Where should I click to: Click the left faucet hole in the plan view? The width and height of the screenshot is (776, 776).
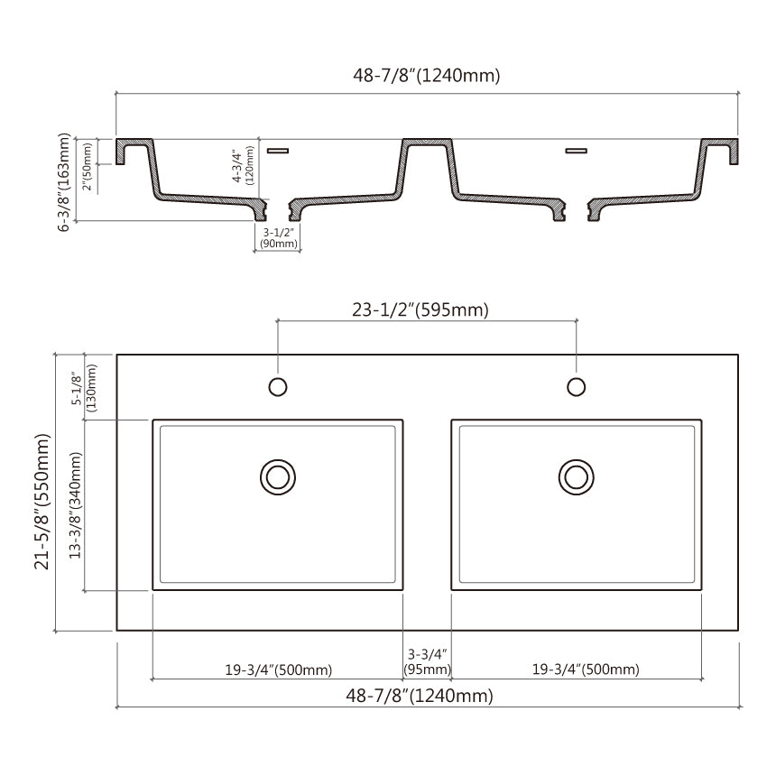pyautogui.click(x=278, y=386)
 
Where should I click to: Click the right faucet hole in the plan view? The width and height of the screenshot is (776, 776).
pyautogui.click(x=576, y=386)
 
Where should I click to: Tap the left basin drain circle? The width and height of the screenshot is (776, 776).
pyautogui.click(x=278, y=477)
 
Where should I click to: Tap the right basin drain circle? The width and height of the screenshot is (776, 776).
pyautogui.click(x=576, y=477)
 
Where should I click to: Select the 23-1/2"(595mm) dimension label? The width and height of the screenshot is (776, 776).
pyautogui.click(x=420, y=309)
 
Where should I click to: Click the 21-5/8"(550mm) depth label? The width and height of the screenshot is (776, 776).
pyautogui.click(x=42, y=502)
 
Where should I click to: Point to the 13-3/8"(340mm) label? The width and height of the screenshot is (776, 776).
pyautogui.click(x=75, y=505)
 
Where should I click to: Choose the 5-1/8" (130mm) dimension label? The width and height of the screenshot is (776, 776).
pyautogui.click(x=85, y=388)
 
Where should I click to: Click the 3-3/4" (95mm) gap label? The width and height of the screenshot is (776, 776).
pyautogui.click(x=427, y=661)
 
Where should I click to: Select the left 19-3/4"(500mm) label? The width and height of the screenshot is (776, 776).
pyautogui.click(x=279, y=670)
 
